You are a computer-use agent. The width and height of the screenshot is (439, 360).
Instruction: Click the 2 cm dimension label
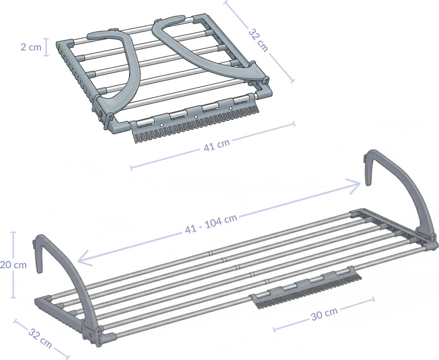(x=31, y=47)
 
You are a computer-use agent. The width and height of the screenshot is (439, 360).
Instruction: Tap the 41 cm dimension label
(x=216, y=145)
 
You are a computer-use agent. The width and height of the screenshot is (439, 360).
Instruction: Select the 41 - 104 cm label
(x=211, y=224)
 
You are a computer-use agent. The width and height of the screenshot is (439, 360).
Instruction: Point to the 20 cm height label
(x=13, y=265)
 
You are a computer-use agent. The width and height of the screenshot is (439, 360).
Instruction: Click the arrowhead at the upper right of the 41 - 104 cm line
(x=354, y=185)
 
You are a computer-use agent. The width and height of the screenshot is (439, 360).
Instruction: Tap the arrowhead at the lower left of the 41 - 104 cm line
(x=84, y=259)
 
